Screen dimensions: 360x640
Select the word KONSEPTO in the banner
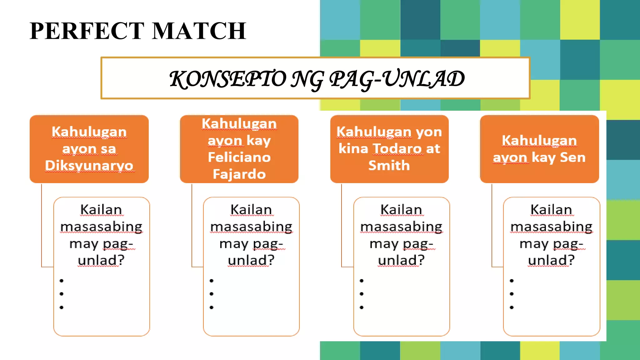[x=227, y=79]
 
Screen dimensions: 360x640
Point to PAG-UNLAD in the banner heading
[x=397, y=79]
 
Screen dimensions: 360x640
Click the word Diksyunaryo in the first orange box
[x=89, y=165]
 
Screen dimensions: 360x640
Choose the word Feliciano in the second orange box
[x=239, y=157]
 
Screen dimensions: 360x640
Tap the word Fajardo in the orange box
[x=239, y=174]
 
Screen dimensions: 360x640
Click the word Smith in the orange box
[x=389, y=165]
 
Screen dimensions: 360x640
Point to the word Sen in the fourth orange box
[x=572, y=157]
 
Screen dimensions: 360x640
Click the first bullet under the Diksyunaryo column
[x=62, y=281]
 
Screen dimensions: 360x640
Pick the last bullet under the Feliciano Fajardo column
[x=212, y=307]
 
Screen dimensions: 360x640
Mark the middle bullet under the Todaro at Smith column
[x=362, y=294]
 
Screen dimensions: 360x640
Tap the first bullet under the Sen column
[x=512, y=281]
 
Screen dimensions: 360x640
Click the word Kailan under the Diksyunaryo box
[x=101, y=210]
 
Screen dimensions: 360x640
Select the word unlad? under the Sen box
[x=551, y=260]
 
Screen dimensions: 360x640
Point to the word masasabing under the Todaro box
[x=402, y=227]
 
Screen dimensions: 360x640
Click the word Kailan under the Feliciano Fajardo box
[x=251, y=210]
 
